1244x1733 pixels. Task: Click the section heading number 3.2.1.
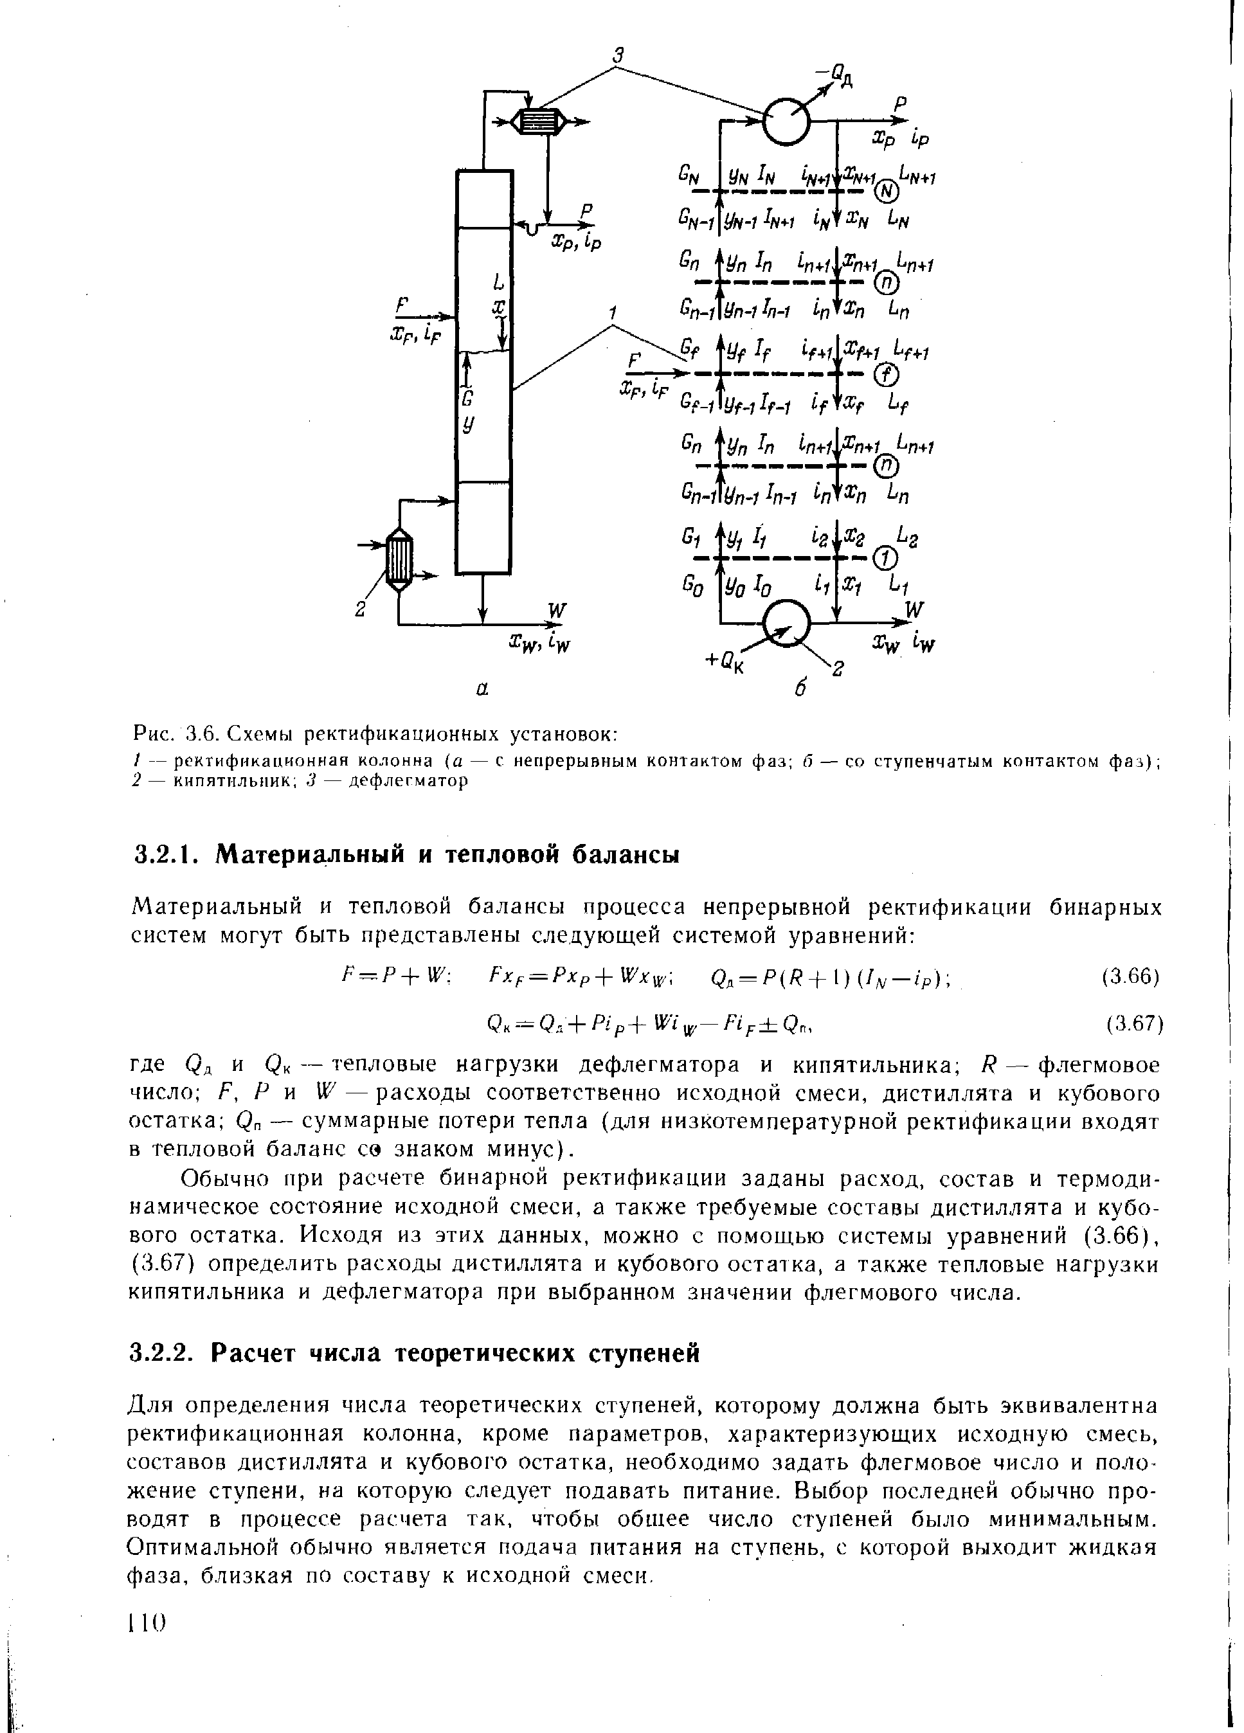pyautogui.click(x=167, y=854)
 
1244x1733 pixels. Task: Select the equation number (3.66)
pyautogui.click(x=1131, y=976)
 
